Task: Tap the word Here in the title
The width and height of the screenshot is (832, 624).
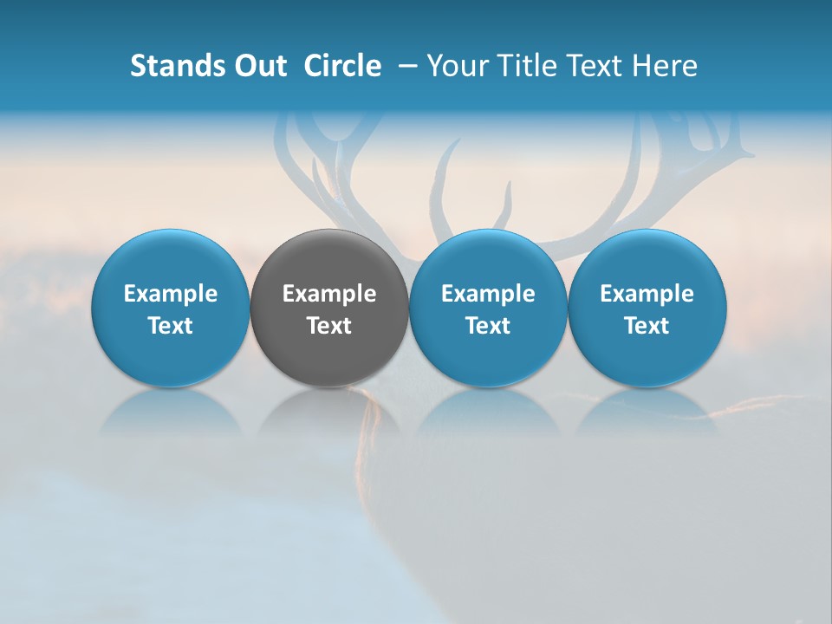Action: (x=663, y=66)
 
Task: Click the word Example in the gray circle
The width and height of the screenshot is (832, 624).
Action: (x=329, y=294)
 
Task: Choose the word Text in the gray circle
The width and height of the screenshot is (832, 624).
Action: (x=329, y=326)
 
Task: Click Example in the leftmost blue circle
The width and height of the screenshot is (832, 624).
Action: (x=171, y=294)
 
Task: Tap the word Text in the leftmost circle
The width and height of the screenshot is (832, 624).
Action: (x=171, y=326)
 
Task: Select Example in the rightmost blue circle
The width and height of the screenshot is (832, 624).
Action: (x=647, y=294)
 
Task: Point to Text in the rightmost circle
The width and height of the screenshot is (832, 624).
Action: (x=647, y=326)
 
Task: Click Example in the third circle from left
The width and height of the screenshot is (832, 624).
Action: (x=488, y=294)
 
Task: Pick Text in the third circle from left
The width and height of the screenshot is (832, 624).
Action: (x=488, y=326)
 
